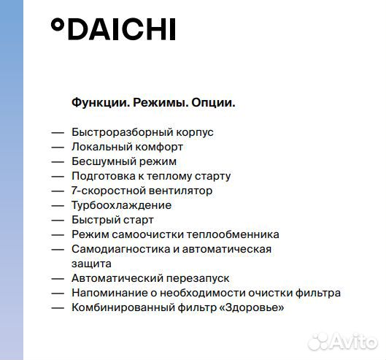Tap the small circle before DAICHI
pyautogui.click(x=57, y=26)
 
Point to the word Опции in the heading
pyautogui.click(x=212, y=103)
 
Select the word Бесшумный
pyautogui.click(x=101, y=161)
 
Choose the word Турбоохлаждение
pyautogui.click(x=121, y=205)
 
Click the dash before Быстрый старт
pyautogui.click(x=58, y=220)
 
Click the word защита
pyautogui.click(x=91, y=263)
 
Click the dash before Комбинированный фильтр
pyautogui.click(x=58, y=307)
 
